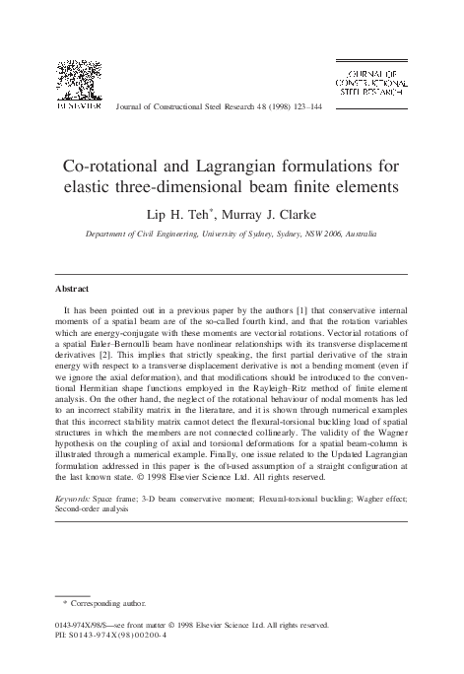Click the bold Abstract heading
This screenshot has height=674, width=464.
(x=73, y=289)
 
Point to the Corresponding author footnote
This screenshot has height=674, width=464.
(x=104, y=601)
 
